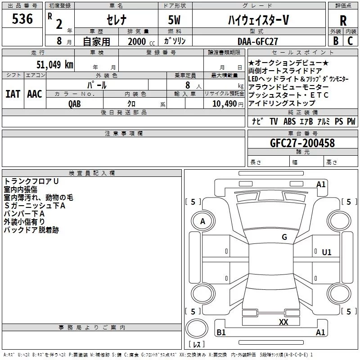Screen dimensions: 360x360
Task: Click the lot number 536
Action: pyautogui.click(x=22, y=19)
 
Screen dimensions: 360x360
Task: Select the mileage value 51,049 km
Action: pyautogui.click(x=55, y=64)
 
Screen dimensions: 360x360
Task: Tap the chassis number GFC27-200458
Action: pyautogui.click(x=302, y=143)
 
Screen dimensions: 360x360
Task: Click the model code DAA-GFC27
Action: pyautogui.click(x=257, y=41)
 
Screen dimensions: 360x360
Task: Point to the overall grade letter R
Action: pyautogui.click(x=343, y=21)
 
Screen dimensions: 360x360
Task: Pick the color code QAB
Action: pyautogui.click(x=75, y=104)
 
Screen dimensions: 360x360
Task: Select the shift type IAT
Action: pyautogui.click(x=13, y=94)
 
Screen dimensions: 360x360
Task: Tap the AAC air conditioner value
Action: pyautogui.click(x=35, y=94)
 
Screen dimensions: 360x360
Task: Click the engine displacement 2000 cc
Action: pyautogui.click(x=141, y=41)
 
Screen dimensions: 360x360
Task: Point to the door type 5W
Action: pyautogui.click(x=174, y=20)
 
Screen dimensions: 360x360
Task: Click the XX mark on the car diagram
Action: pyautogui.click(x=283, y=322)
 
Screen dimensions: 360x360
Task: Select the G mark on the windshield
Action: pyautogui.click(x=284, y=237)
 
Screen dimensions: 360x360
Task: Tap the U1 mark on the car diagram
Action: pyautogui.click(x=327, y=252)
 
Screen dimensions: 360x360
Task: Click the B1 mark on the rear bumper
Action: pyautogui.click(x=221, y=332)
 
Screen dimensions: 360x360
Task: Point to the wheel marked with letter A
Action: pyautogui.click(x=203, y=221)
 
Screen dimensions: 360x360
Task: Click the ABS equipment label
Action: pyautogui.click(x=289, y=121)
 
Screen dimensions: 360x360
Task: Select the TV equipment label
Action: pyautogui.click(x=274, y=121)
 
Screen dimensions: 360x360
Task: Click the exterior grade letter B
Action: pyautogui.click(x=336, y=41)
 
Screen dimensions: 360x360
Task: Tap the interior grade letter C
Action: pyautogui.click(x=350, y=41)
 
